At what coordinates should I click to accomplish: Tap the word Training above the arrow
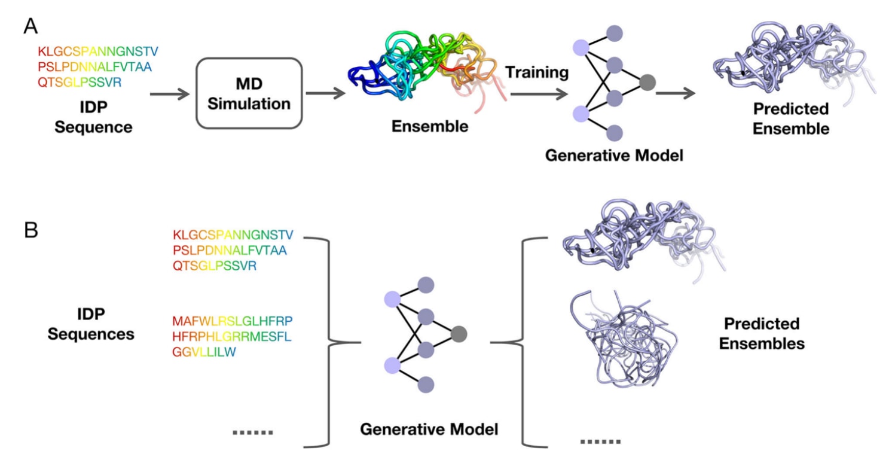point(536,73)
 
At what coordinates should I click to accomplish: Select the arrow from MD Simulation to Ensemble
point(325,93)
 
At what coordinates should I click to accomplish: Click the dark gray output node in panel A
point(647,83)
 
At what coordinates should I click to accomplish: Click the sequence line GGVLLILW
point(204,352)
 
